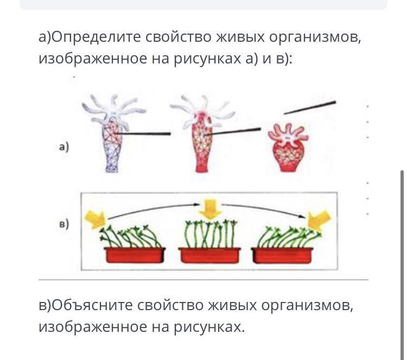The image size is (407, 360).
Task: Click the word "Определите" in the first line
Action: (x=90, y=37)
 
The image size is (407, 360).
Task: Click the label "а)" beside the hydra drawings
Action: (x=64, y=146)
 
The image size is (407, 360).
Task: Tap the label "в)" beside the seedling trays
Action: (x=64, y=223)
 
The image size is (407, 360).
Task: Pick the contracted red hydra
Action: (x=289, y=146)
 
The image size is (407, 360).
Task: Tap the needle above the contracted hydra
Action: (x=309, y=107)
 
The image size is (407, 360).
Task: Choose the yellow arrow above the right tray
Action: (x=319, y=220)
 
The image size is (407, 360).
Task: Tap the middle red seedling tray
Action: (x=208, y=255)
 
